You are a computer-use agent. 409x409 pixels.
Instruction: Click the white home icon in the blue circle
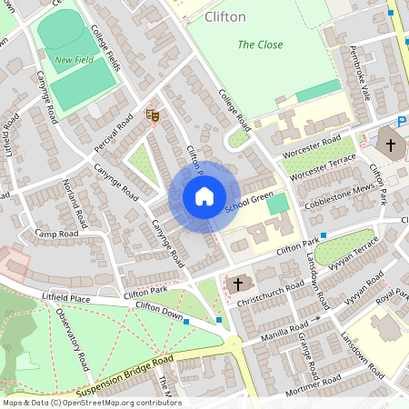pyautogui.click(x=204, y=196)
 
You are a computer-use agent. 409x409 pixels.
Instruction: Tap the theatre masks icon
pyautogui.click(x=153, y=115)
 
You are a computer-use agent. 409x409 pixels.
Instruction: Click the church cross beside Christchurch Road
pyautogui.click(x=238, y=284)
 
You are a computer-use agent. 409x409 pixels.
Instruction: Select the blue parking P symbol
pyautogui.click(x=402, y=122)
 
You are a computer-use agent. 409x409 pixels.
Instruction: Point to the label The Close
pyautogui.click(x=260, y=45)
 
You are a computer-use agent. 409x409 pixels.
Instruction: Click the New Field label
pyautogui.click(x=74, y=61)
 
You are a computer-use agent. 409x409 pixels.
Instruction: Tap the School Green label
pyautogui.click(x=249, y=204)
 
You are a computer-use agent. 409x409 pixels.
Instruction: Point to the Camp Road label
pyautogui.click(x=56, y=234)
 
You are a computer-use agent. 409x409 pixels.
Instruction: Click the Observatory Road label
pyautogui.click(x=72, y=338)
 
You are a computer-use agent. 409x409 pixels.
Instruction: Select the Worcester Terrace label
pyautogui.click(x=318, y=164)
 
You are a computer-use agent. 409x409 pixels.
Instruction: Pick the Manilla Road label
pyautogui.click(x=290, y=327)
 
